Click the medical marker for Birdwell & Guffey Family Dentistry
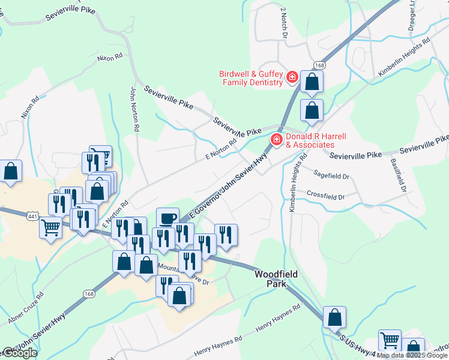292,77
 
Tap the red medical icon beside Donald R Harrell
277,140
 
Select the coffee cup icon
167,218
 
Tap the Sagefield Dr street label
332,175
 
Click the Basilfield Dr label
398,175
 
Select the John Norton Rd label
135,109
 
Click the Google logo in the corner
19,353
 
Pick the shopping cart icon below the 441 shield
51,227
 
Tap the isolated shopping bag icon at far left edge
11,172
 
